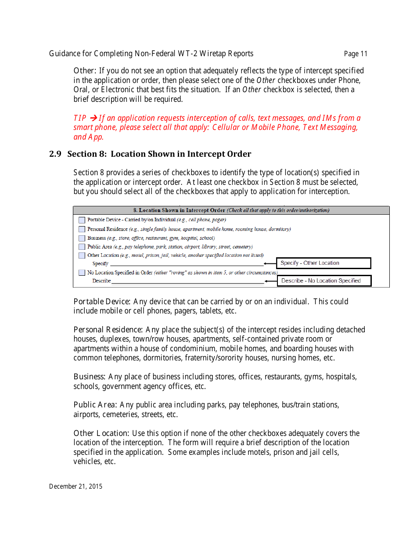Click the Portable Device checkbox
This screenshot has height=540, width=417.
coord(82,220)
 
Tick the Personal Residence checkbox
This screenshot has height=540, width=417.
coord(82,229)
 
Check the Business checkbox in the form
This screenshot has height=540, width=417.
coord(82,238)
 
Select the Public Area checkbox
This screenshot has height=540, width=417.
coord(82,247)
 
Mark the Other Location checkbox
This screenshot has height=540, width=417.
coord(82,256)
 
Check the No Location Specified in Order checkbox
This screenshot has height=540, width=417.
coord(82,273)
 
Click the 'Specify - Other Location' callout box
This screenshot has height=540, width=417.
coord(324,263)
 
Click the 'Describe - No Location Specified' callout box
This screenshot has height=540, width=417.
coord(324,281)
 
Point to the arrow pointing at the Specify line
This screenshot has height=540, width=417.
coord(270,264)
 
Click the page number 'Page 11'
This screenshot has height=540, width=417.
coord(356,54)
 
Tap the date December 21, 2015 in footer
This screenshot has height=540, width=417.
coord(75,486)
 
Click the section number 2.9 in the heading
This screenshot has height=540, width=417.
coord(55,154)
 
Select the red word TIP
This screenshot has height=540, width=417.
coord(80,118)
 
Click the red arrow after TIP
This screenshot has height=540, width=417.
coord(93,118)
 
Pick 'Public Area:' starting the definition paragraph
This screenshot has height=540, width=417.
coord(95,405)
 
